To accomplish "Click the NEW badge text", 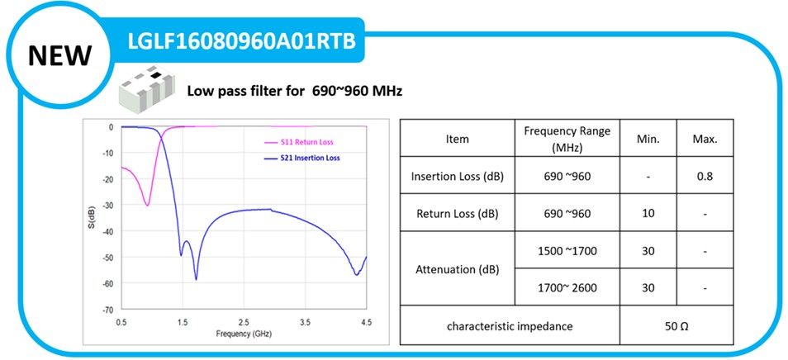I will (x=59, y=54).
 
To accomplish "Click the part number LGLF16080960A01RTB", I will (x=241, y=41).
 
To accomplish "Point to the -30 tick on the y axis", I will (x=107, y=205).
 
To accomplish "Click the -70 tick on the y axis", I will (x=107, y=310).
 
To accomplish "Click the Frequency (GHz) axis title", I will (x=244, y=334).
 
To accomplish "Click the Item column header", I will (x=457, y=139).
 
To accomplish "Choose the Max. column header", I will (x=705, y=139).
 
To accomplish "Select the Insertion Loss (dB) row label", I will (x=457, y=177).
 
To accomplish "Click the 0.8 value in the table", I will (x=705, y=177).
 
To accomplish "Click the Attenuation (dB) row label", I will (x=457, y=269).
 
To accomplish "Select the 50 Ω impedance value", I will (x=676, y=326).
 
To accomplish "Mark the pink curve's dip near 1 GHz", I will (x=147, y=204).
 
